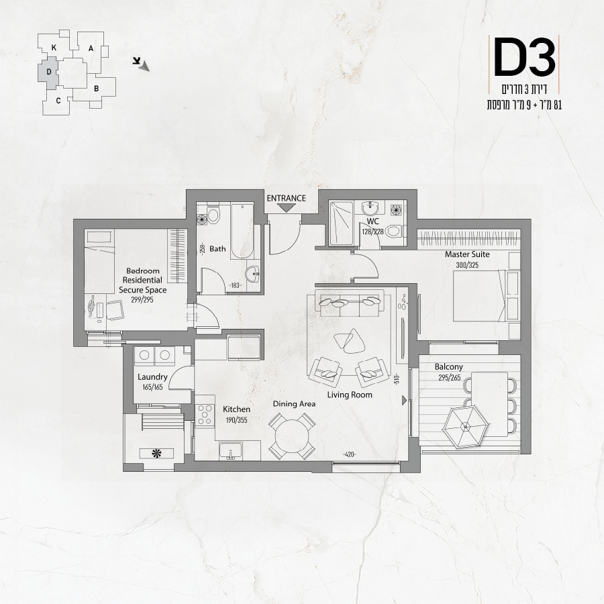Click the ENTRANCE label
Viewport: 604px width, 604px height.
point(286,199)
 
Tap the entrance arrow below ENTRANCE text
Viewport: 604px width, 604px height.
point(286,208)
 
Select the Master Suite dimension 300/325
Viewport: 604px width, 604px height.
point(467,265)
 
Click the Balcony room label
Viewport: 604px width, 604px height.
point(449,366)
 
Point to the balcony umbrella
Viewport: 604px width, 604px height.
point(466,426)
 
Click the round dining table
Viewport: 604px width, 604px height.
point(293,436)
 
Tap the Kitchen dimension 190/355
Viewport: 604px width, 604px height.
point(236,420)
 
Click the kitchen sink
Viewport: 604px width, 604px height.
point(230,451)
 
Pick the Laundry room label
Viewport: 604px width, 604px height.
point(152,377)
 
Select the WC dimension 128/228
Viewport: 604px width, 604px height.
point(373,232)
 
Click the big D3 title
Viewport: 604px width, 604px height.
point(524,58)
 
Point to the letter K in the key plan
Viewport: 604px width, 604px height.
point(54,48)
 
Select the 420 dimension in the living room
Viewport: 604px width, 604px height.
point(349,454)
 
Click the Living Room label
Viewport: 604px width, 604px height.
point(350,395)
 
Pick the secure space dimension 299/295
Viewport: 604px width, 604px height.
point(142,300)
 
